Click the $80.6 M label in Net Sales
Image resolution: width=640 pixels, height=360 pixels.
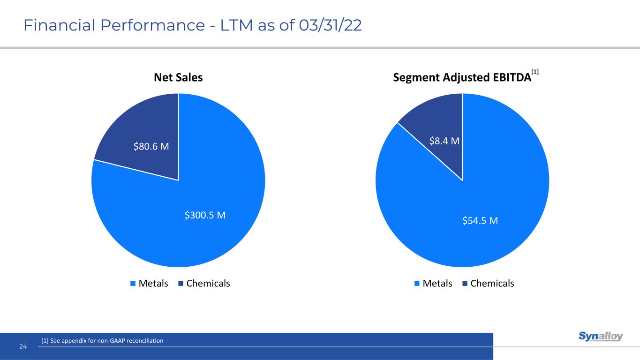[151, 147]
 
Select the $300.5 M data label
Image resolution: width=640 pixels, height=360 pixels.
[205, 215]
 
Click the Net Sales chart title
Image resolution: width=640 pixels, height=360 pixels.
[178, 77]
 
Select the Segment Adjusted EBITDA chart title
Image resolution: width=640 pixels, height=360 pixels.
[462, 78]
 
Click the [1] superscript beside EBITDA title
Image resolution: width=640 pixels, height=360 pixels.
[535, 72]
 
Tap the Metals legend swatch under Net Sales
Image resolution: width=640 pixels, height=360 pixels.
[133, 283]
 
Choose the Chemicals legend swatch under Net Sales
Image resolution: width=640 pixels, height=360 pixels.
[181, 283]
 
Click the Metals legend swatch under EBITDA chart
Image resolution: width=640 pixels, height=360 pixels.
[417, 283]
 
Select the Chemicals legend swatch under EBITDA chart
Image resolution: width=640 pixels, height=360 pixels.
[465, 283]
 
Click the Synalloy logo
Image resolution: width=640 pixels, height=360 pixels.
[601, 337]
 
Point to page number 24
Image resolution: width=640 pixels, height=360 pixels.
[23, 346]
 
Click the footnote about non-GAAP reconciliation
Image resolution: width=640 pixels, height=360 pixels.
[102, 341]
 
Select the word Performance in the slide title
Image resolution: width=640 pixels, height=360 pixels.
[137, 26]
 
